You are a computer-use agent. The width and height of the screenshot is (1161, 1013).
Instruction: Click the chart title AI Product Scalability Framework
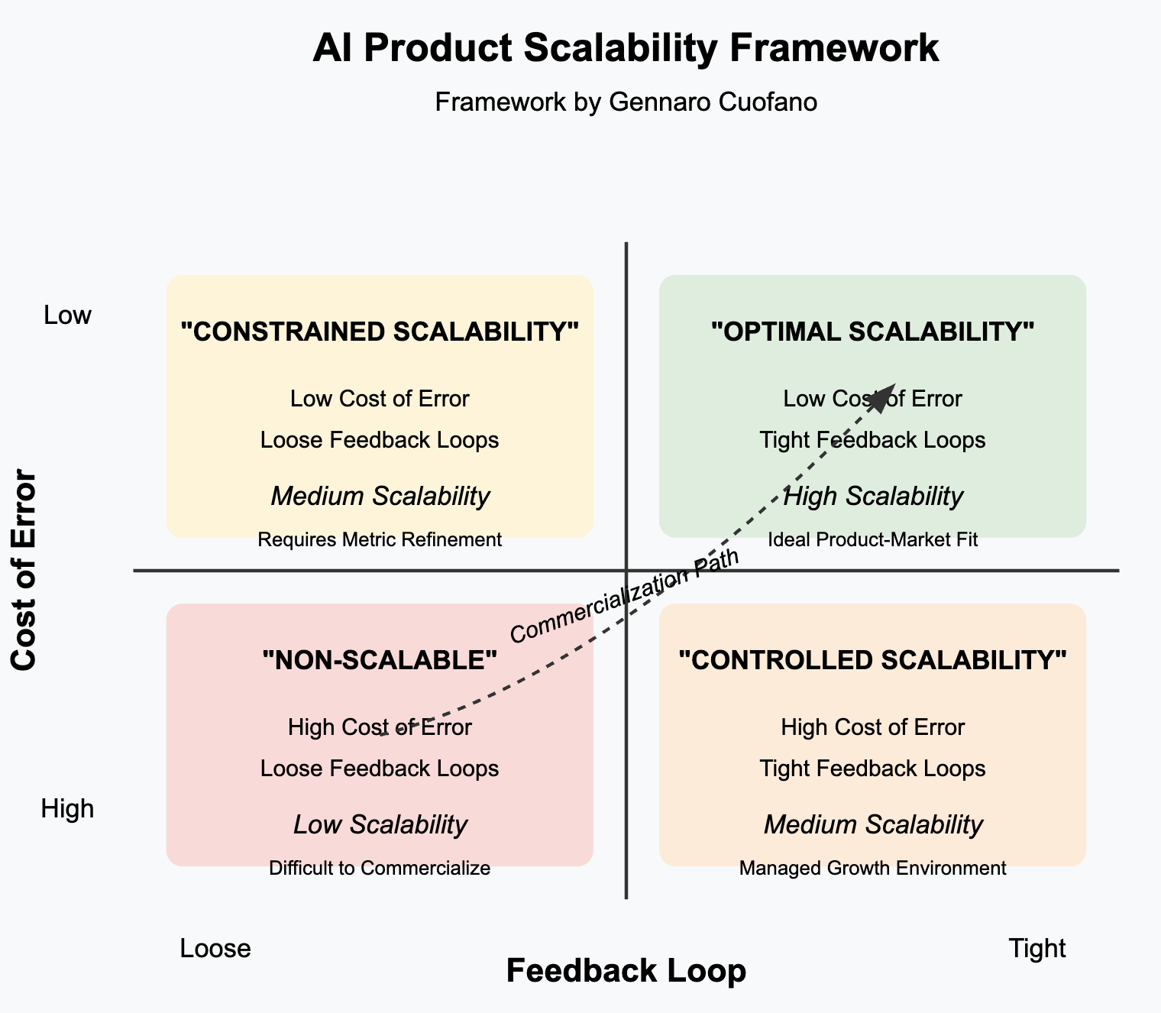coord(626,49)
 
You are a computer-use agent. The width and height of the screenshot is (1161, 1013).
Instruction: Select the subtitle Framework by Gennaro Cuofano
coord(626,102)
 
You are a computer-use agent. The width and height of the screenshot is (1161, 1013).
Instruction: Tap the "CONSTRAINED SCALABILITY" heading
coord(380,332)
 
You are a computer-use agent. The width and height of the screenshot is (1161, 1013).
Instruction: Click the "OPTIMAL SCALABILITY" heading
coord(872,332)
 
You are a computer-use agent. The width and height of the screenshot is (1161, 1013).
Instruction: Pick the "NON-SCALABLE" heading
coord(380,660)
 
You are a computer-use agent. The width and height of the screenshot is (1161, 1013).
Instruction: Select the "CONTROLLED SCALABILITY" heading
coord(872,660)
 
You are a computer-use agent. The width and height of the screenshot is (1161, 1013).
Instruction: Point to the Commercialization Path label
coord(625,597)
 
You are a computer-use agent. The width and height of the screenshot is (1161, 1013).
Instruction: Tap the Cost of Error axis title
coord(24,571)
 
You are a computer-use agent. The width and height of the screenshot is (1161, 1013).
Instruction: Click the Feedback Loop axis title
coord(626,971)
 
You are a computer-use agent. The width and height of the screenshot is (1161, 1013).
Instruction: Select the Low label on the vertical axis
coord(67,315)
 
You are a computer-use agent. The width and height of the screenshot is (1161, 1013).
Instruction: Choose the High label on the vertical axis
coord(67,808)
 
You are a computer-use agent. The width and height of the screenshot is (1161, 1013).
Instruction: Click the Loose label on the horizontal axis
coord(215,949)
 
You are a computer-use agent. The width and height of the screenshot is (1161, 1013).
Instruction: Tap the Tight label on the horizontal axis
coord(1036,949)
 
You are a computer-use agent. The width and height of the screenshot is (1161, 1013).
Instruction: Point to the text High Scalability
coord(872,497)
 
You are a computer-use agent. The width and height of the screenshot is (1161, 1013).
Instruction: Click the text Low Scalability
coord(380,825)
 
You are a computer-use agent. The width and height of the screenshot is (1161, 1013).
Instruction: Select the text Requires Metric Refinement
coord(380,540)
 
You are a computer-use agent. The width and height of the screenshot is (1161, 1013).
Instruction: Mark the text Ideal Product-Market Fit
coord(872,540)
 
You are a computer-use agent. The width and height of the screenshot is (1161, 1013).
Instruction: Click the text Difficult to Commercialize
coord(380,869)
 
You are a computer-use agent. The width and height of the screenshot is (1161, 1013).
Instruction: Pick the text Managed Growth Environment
coord(872,869)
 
